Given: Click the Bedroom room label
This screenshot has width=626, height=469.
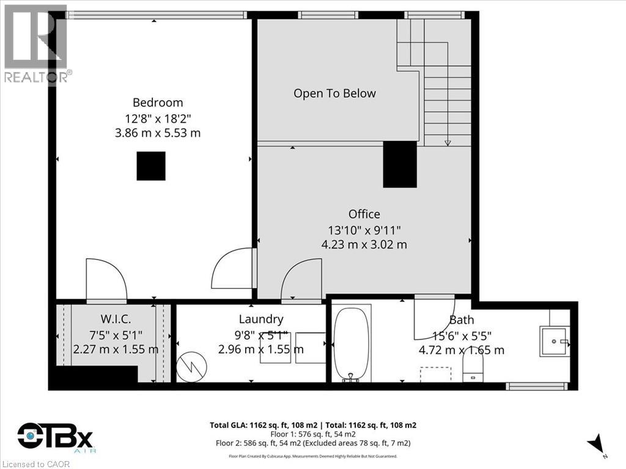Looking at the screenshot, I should [x=158, y=103].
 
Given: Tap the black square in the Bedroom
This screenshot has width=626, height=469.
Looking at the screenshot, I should [x=151, y=166].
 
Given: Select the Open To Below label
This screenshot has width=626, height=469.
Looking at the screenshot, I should [x=334, y=93].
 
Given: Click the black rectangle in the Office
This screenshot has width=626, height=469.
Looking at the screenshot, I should [x=400, y=164].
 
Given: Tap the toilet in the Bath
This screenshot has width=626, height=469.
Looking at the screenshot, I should [x=473, y=368].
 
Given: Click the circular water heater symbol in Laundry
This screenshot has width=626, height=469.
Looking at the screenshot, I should [x=191, y=367].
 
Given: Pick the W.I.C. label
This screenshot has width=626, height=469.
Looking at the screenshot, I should [x=116, y=319].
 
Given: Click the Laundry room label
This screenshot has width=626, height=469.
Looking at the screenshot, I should [x=261, y=319].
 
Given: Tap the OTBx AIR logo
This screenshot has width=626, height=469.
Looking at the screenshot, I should [x=55, y=438].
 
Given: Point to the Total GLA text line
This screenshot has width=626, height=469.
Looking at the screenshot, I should [x=313, y=425].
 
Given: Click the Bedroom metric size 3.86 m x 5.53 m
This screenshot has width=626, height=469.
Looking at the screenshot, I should [x=158, y=133].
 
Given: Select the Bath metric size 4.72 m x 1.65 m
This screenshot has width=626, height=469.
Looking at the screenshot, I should [x=462, y=350].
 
